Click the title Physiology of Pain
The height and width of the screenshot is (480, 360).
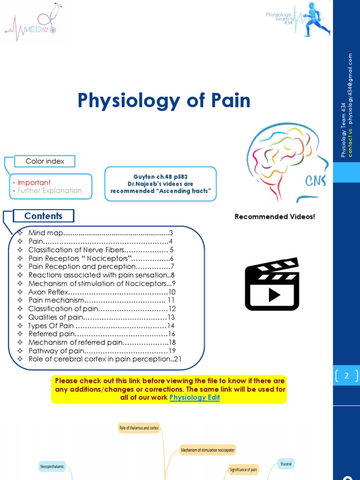pyautogui.click(x=164, y=101)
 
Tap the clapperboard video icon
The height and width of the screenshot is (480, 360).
pyautogui.click(x=272, y=284)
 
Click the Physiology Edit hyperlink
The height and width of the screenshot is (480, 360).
pyautogui.click(x=195, y=397)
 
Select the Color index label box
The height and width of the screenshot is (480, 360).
pyautogui.click(x=45, y=161)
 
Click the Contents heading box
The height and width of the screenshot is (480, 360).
pyautogui.click(x=43, y=216)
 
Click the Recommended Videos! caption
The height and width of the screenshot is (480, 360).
pyautogui.click(x=275, y=217)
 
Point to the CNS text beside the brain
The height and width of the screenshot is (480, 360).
pyautogui.click(x=315, y=181)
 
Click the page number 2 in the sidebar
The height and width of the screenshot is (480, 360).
pyautogui.click(x=346, y=376)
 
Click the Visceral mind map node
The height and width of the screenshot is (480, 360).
pyautogui.click(x=286, y=464)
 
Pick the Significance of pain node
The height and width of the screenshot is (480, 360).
pyautogui.click(x=243, y=469)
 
